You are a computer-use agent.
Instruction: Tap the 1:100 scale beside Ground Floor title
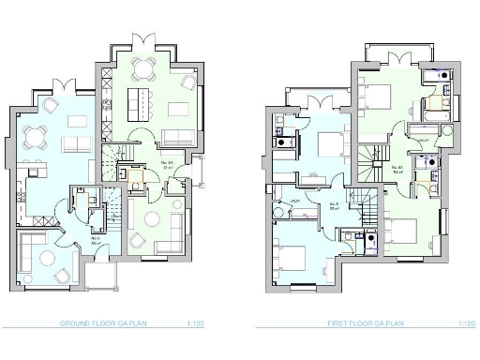[x=195, y=323]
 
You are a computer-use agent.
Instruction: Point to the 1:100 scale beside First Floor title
[x=466, y=323]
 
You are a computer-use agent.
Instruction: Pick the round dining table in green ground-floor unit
[x=143, y=65]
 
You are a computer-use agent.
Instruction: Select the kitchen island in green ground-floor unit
[x=138, y=99]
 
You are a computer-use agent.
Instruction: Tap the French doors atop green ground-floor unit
[x=142, y=39]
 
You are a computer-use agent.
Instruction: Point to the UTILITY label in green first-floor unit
[x=424, y=141]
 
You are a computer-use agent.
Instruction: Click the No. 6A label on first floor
[x=397, y=169]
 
